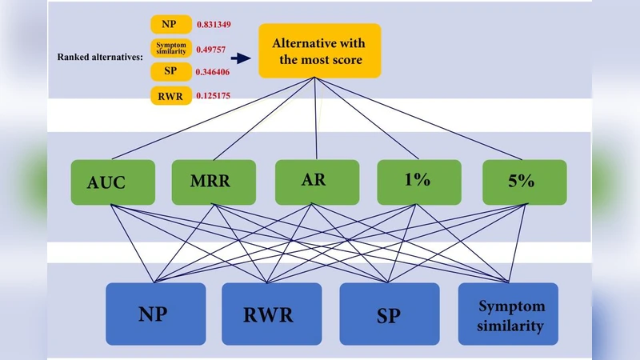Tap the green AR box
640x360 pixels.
[314, 182]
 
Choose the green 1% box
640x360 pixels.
[418, 182]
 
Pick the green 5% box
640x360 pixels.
[524, 182]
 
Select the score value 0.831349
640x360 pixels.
[214, 25]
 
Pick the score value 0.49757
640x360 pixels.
[211, 49]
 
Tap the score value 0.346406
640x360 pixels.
[214, 72]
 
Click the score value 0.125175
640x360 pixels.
[214, 97]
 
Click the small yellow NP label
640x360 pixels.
[170, 25]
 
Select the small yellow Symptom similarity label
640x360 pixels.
[170, 48]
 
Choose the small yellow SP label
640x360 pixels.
[170, 72]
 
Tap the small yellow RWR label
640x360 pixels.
[170, 97]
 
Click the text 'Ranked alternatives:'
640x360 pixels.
[101, 58]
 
